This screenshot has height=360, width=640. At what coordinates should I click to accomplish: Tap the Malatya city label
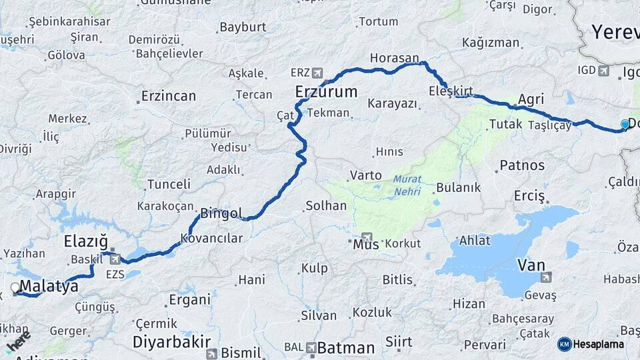(x=49, y=287)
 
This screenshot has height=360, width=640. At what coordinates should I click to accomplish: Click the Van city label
(x=531, y=265)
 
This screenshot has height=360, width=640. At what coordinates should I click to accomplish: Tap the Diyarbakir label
(x=167, y=342)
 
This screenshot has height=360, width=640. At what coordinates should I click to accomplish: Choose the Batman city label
(x=346, y=347)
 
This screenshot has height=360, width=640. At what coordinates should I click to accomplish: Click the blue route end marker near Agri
(x=625, y=124)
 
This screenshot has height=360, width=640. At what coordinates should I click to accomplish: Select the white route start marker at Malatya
(x=15, y=288)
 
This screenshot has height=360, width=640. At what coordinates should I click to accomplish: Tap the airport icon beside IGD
(x=603, y=71)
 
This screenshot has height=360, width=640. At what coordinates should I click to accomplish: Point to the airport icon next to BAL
(x=311, y=347)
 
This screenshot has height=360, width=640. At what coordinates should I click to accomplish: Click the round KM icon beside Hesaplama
(x=564, y=344)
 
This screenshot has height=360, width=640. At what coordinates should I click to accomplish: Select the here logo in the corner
(x=17, y=341)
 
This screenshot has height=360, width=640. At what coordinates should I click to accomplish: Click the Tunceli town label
(x=169, y=184)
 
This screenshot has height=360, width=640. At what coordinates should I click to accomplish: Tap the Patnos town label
(x=522, y=165)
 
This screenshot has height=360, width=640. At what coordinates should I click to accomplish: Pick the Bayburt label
(x=243, y=27)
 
